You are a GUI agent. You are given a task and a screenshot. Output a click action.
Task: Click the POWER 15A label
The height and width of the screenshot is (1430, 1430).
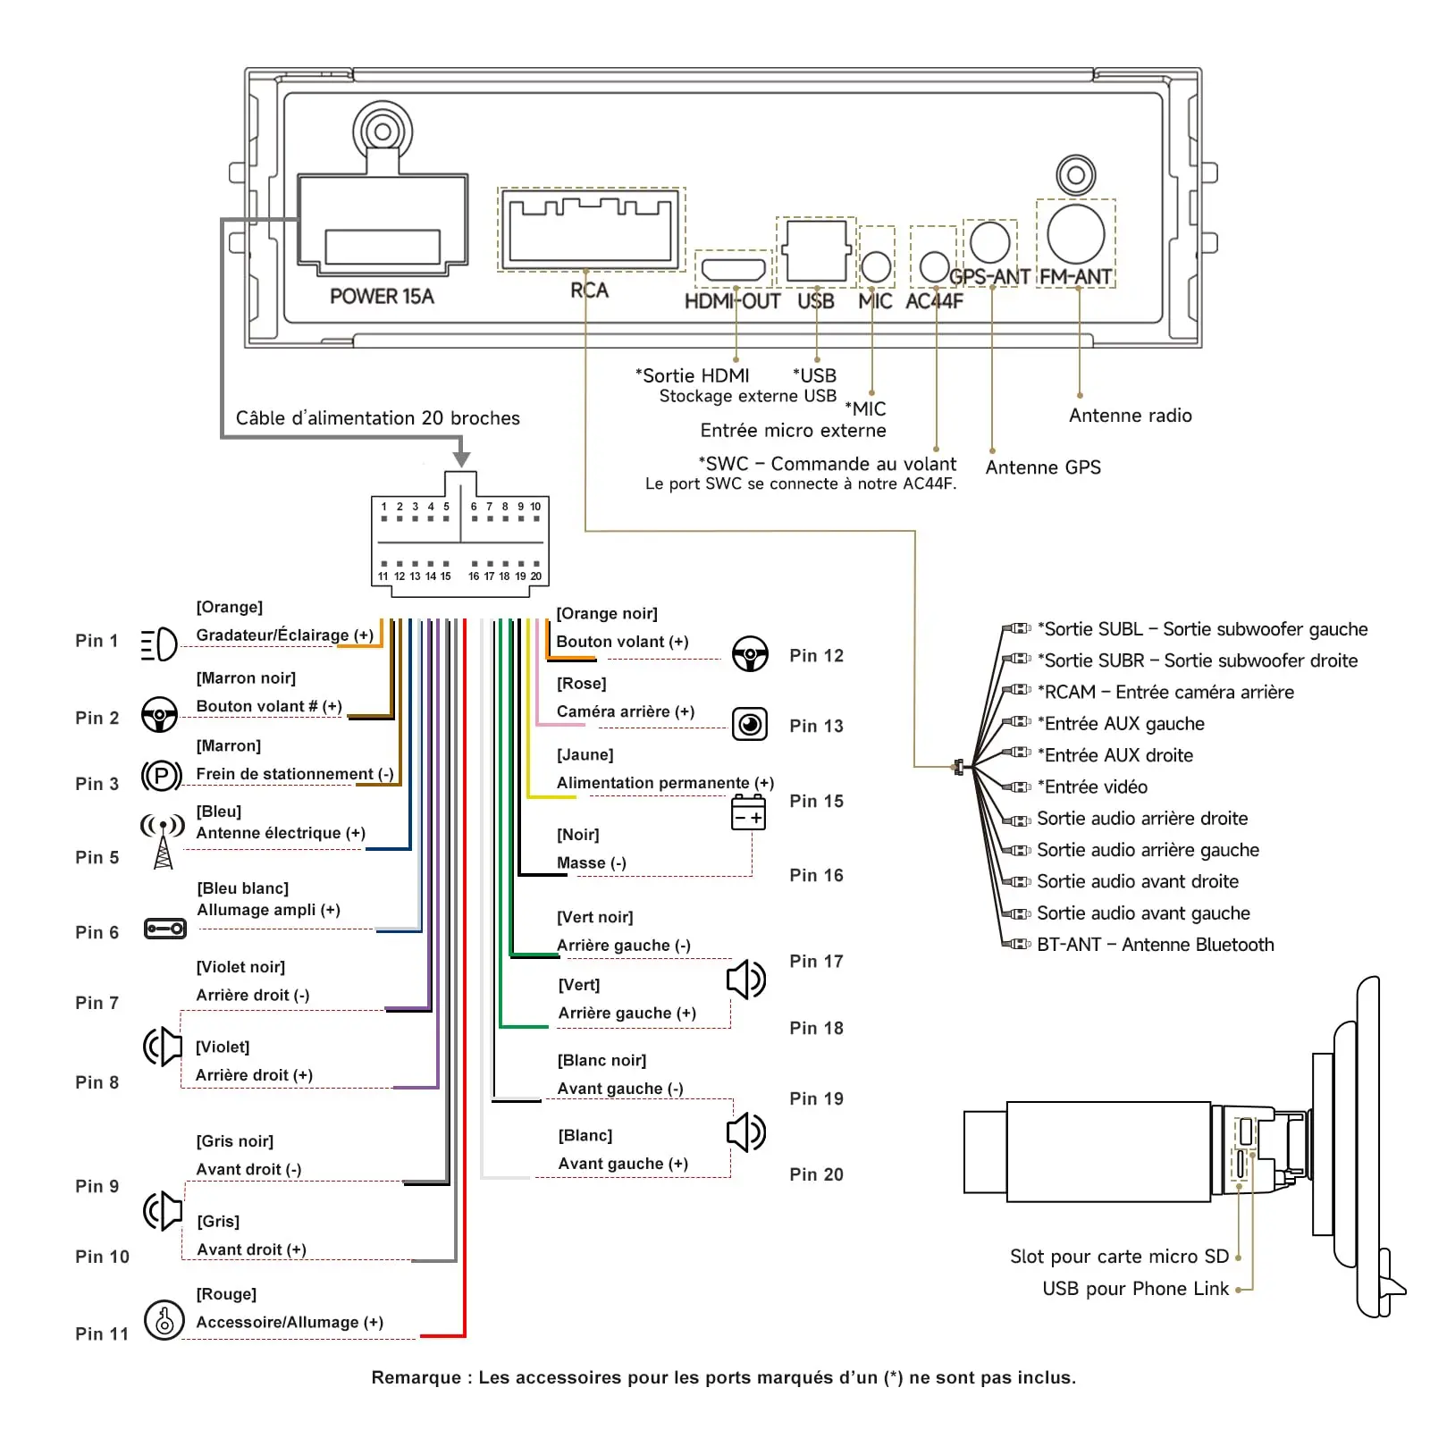point(382,297)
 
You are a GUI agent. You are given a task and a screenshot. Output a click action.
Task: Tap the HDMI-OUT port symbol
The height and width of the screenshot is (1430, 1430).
point(733,269)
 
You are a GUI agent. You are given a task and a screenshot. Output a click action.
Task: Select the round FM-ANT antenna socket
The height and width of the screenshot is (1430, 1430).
point(1076,234)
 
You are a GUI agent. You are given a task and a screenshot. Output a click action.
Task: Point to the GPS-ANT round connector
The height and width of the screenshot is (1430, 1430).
point(990,241)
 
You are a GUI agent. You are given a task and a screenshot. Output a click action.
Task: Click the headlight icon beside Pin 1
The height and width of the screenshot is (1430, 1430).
point(159,644)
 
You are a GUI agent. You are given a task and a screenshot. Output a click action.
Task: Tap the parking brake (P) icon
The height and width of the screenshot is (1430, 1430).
point(162,776)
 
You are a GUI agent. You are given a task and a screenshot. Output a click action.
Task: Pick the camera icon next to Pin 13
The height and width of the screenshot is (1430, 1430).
point(750,724)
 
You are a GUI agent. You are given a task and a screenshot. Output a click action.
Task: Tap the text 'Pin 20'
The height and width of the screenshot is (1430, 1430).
point(816,1174)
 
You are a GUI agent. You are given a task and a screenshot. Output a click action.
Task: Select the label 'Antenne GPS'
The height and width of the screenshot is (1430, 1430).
point(1043,467)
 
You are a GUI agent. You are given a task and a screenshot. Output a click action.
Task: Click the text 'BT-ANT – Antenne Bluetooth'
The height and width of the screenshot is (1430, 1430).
point(1156,945)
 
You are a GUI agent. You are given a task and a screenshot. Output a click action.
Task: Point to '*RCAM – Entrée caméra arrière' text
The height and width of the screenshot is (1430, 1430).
point(1165,692)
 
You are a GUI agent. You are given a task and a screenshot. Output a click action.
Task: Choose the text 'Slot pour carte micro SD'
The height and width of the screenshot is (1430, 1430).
point(1119,1257)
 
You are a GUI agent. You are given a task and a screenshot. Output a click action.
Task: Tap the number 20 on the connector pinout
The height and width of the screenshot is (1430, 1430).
point(536,576)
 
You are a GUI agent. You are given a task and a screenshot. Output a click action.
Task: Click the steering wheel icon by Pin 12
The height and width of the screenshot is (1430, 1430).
point(750,653)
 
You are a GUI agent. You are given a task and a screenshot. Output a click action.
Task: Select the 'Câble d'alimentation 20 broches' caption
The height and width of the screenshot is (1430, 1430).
point(378,418)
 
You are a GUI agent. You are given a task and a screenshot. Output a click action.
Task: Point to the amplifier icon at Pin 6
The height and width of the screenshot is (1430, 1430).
point(165,929)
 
